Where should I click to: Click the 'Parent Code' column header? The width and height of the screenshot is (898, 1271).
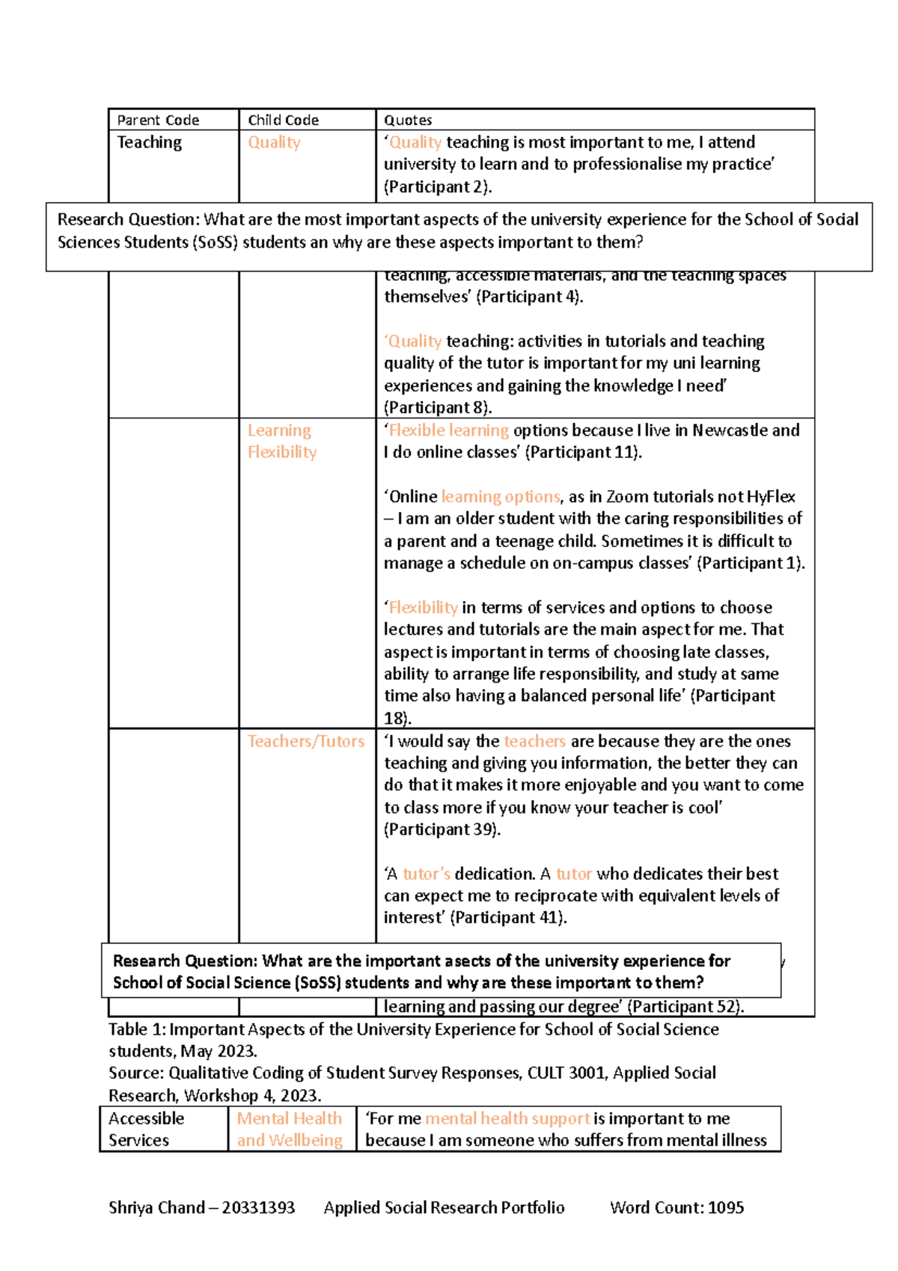[158, 120]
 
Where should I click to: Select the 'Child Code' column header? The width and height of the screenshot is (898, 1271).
[283, 120]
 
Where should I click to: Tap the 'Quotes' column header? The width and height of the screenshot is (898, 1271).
[408, 120]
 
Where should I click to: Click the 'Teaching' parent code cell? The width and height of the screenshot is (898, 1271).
[150, 142]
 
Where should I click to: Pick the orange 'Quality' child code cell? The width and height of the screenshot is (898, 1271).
[274, 142]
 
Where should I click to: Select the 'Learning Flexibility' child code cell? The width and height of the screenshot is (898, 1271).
[282, 441]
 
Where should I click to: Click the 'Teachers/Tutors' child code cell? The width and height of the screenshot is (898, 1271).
[306, 741]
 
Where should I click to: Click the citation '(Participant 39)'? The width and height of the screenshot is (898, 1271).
[442, 829]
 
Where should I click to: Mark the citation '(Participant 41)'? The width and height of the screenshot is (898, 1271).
[508, 918]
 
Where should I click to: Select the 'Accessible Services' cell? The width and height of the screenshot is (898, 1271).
[146, 1129]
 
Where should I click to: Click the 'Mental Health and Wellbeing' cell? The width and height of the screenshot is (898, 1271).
[290, 1129]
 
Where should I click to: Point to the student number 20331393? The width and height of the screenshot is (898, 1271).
[258, 1207]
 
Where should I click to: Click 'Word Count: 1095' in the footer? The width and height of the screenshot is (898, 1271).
[676, 1207]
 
